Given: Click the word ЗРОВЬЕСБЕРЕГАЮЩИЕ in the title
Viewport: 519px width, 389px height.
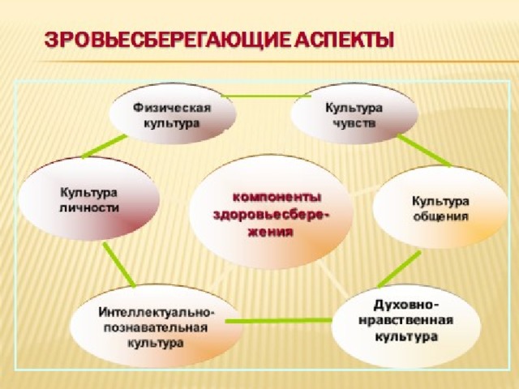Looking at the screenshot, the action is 168,41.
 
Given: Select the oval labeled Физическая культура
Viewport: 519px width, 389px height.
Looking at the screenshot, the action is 173,113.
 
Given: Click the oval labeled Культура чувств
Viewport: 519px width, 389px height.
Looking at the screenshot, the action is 354,113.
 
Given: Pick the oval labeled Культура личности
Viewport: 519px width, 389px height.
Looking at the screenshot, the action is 88,199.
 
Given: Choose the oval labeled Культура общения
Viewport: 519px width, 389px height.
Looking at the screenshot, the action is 440,207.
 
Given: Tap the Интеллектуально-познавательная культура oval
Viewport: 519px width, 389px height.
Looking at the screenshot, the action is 156,326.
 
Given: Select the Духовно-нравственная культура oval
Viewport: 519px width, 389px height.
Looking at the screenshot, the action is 405,326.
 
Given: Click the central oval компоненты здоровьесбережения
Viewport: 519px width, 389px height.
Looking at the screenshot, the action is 270,212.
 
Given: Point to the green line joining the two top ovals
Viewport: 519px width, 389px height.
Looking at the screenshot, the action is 267,96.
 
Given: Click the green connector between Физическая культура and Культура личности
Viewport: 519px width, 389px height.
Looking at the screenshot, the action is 105,146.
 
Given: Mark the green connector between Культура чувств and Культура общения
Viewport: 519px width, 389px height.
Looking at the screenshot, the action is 424,150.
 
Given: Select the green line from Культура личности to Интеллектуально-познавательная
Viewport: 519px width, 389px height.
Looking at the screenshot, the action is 119,264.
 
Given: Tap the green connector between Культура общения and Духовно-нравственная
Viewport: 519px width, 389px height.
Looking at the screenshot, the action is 399,268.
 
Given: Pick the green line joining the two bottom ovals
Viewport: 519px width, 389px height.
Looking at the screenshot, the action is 278,321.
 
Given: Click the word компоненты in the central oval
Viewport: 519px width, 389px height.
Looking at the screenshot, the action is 277,198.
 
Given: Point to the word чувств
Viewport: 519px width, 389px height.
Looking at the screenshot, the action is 354,123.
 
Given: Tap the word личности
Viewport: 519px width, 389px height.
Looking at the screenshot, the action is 89,207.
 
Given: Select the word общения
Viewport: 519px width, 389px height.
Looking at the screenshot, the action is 441,216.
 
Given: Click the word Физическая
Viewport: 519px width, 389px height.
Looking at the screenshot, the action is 172,108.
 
